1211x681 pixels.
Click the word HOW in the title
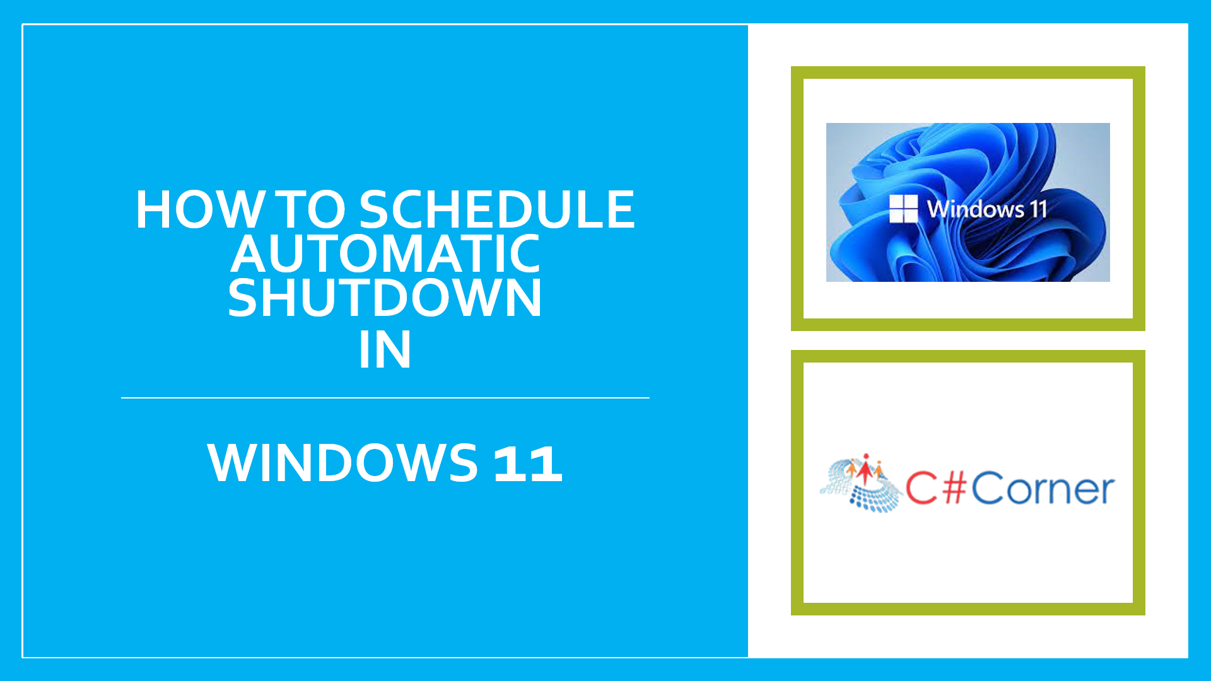(201, 209)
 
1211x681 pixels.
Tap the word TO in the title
(312, 209)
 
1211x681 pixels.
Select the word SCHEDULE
(497, 209)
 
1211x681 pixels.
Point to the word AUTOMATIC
(385, 253)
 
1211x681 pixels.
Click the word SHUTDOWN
(385, 298)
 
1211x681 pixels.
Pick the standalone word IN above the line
(385, 349)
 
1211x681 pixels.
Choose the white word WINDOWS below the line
(342, 462)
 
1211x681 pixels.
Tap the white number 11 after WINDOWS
(527, 463)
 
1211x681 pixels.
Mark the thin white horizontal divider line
(385, 398)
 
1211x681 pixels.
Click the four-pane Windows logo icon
(903, 209)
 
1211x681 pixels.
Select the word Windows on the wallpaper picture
(976, 209)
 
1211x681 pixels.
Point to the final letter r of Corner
(1107, 492)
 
